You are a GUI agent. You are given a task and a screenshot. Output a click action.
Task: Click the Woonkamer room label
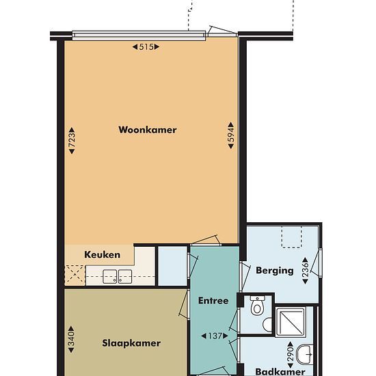(148, 130)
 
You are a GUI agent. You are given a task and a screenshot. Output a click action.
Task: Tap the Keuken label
(102, 255)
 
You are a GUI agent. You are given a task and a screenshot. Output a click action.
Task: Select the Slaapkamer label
(131, 343)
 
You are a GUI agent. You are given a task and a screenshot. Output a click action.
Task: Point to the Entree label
(213, 301)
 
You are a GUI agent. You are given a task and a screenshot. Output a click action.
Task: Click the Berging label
(275, 271)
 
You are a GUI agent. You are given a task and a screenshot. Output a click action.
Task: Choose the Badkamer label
(280, 372)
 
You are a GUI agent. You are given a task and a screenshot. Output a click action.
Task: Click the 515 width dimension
(146, 46)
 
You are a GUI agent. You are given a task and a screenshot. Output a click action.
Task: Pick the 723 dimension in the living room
(72, 141)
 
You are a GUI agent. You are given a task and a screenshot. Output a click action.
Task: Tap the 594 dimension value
(230, 135)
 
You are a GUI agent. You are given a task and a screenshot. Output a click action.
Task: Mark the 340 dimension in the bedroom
(71, 339)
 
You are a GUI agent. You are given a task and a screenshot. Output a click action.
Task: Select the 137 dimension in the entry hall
(215, 336)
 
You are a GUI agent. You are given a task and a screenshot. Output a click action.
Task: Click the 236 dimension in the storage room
(306, 271)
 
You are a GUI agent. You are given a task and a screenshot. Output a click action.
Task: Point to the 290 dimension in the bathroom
(291, 355)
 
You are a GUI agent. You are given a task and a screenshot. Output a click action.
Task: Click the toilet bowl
(257, 306)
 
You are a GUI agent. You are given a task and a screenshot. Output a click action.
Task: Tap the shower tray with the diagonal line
(291, 321)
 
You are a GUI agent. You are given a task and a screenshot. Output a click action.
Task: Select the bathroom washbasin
(304, 354)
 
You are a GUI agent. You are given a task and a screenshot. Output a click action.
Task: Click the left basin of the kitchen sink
(110, 276)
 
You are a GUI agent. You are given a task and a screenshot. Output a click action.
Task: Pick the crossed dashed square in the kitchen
(75, 275)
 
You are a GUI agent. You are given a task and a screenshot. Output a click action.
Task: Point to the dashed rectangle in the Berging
(292, 237)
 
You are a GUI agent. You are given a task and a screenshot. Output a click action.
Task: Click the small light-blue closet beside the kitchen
(173, 266)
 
